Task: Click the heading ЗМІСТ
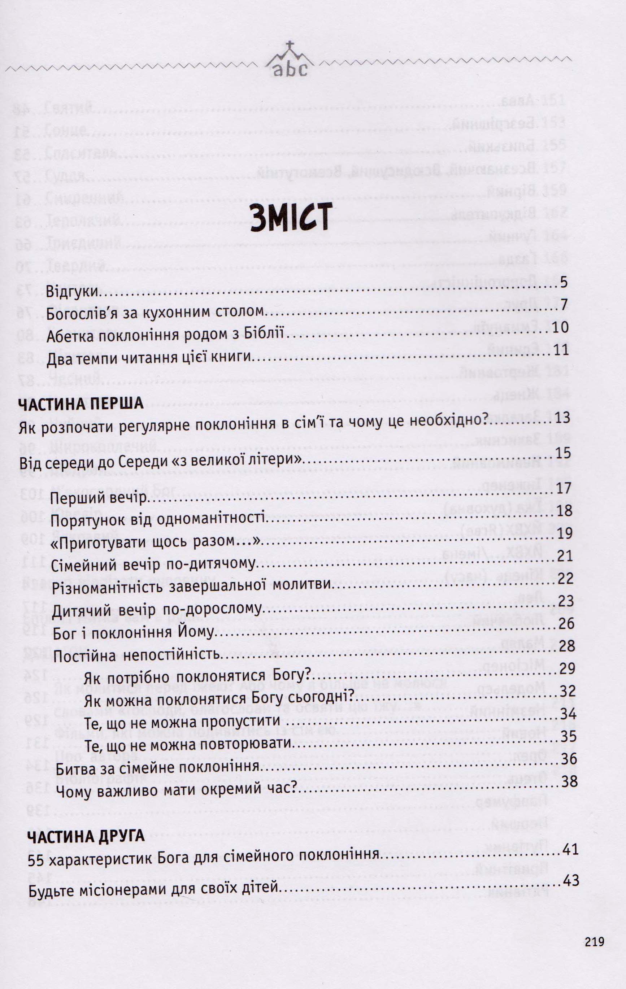pos(290,218)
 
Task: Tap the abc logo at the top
pos(290,69)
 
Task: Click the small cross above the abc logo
pos(290,45)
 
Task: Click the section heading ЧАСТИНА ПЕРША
pos(81,403)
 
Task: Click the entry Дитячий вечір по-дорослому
pos(157,610)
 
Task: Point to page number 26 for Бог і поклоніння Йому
pos(566,623)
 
